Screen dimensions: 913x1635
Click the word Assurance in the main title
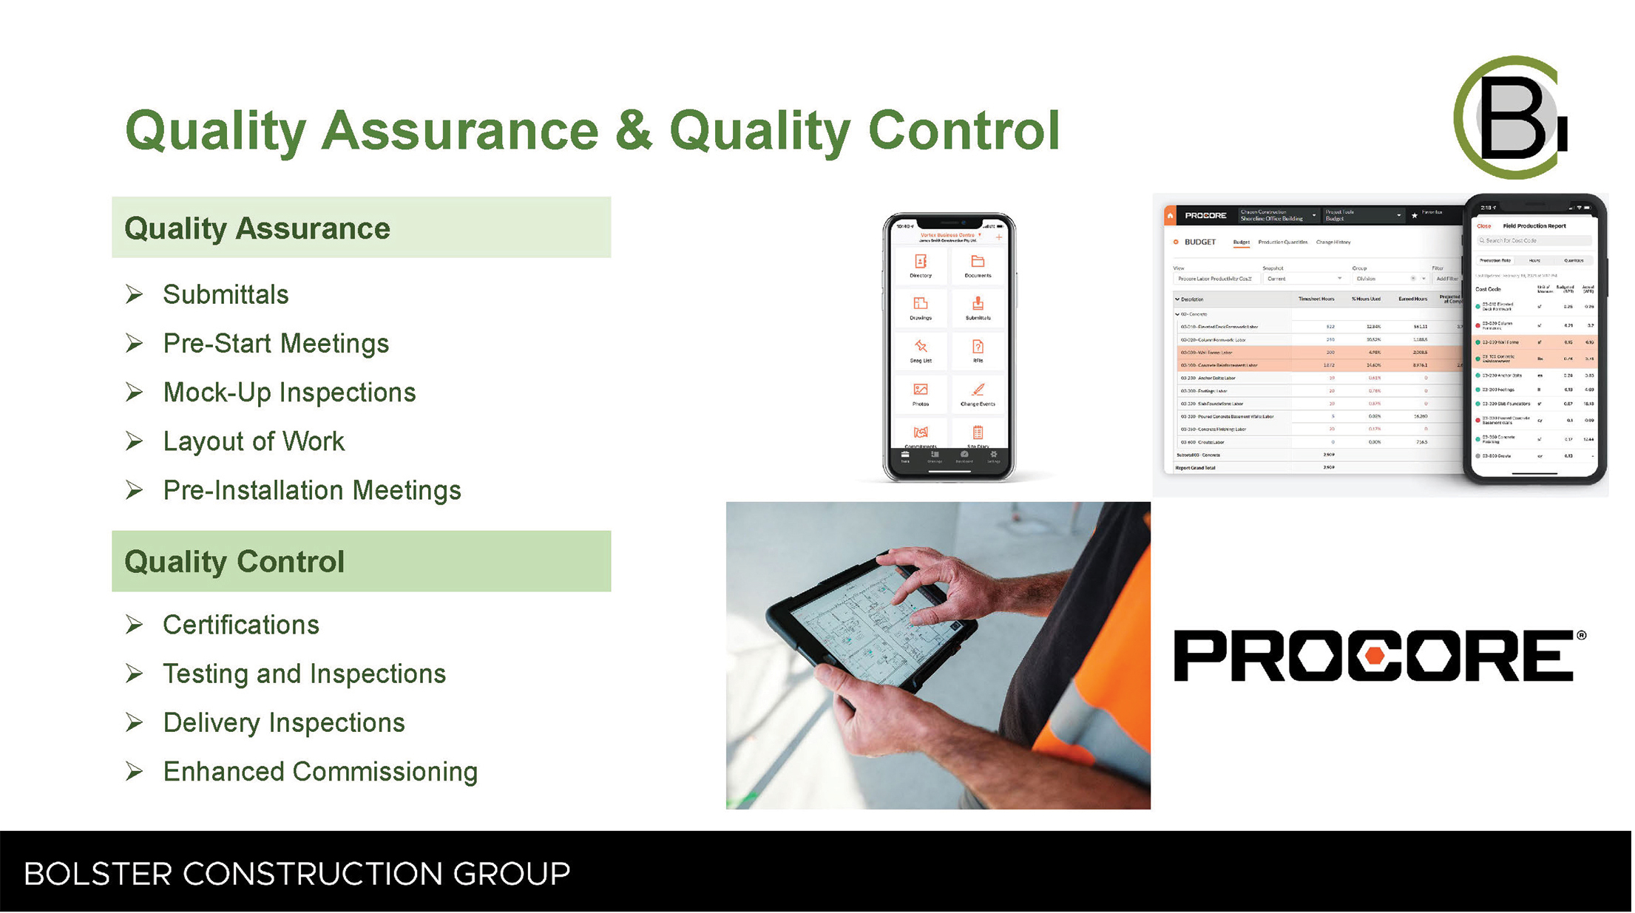click(x=459, y=130)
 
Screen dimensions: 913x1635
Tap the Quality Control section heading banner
click(x=361, y=561)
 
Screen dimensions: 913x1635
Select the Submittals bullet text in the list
click(x=226, y=294)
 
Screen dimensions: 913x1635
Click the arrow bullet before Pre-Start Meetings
click(x=134, y=343)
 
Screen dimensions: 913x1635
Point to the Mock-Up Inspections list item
click(x=289, y=393)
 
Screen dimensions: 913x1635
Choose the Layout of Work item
click(x=254, y=441)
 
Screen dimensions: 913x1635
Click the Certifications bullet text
click(x=241, y=625)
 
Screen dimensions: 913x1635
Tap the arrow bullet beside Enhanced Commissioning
click(x=134, y=771)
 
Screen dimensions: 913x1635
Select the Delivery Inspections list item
click(x=284, y=722)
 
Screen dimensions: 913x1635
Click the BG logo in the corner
click(x=1511, y=118)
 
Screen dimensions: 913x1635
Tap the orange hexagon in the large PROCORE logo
click(x=1375, y=656)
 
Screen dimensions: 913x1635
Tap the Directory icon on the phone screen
click(x=921, y=264)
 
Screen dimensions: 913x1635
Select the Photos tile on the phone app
click(x=921, y=393)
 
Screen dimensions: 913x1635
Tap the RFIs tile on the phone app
click(x=978, y=350)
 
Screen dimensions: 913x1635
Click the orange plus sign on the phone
click(x=999, y=237)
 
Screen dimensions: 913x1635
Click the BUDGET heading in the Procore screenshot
click(x=1199, y=242)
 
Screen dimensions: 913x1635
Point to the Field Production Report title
click(x=1534, y=226)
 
